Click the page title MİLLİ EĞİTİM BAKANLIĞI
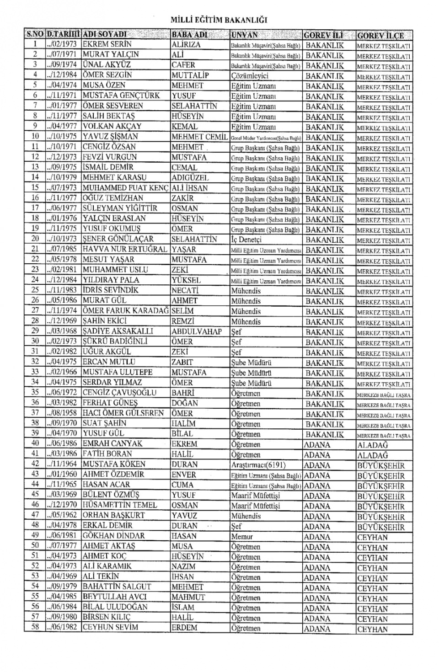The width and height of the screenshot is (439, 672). tap(219, 20)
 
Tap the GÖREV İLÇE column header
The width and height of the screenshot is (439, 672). tap(380, 35)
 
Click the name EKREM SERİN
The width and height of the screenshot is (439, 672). tap(107, 44)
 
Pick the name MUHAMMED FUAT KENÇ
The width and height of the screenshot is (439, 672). tap(126, 188)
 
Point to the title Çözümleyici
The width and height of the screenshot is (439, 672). tap(250, 75)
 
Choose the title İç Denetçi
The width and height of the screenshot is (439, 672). tap(246, 239)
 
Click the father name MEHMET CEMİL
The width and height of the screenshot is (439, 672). tap(199, 137)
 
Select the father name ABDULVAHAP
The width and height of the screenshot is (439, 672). tap(197, 331)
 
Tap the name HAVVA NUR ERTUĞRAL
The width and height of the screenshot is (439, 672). tap(125, 249)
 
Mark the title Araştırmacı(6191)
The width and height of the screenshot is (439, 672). tap(259, 464)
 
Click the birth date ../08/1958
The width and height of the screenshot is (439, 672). tap(63, 413)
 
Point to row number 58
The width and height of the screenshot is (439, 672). tap(35, 627)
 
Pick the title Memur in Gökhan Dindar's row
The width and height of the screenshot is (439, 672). tap(242, 536)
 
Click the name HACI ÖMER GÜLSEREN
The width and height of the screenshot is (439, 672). tap(123, 413)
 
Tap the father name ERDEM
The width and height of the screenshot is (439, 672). tap(184, 627)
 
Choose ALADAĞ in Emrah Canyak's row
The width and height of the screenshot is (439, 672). tap(372, 444)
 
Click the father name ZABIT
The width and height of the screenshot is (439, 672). tap(183, 362)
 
